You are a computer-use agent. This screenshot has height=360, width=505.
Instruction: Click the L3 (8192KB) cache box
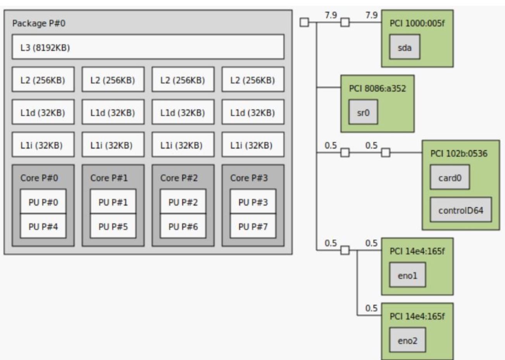pyautogui.click(x=148, y=47)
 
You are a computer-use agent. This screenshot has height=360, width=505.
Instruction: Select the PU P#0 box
pyautogui.click(x=43, y=202)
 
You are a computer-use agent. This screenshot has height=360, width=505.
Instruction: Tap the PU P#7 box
pyautogui.click(x=253, y=226)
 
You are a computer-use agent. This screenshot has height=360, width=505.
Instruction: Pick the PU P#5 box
pyautogui.click(x=113, y=226)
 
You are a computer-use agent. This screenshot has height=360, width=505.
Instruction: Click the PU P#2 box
pyautogui.click(x=183, y=202)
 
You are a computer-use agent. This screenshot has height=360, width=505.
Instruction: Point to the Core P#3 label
pyautogui.click(x=249, y=178)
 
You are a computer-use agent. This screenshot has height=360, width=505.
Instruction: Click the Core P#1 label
pyautogui.click(x=109, y=178)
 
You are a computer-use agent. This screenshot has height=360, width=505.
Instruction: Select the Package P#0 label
pyautogui.click(x=39, y=23)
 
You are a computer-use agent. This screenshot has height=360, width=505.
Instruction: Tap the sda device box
pyautogui.click(x=405, y=48)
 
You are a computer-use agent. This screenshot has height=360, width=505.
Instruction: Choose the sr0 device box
pyautogui.click(x=363, y=113)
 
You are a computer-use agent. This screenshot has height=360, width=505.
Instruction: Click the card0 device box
pyautogui.click(x=450, y=178)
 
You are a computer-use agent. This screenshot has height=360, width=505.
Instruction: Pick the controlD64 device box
pyautogui.click(x=461, y=210)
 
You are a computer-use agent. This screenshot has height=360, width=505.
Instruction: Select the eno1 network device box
pyautogui.click(x=407, y=276)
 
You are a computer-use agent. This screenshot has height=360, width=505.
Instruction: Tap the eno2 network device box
pyautogui.click(x=407, y=341)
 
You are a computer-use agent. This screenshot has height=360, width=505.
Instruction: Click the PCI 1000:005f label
pyautogui.click(x=417, y=23)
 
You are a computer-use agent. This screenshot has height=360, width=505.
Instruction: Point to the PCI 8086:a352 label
pyautogui.click(x=377, y=88)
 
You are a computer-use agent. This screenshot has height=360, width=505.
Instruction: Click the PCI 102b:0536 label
pyautogui.click(x=459, y=153)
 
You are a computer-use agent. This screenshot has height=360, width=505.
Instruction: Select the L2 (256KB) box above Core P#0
pyautogui.click(x=43, y=80)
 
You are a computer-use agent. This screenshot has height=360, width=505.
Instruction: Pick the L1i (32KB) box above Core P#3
pyautogui.click(x=253, y=145)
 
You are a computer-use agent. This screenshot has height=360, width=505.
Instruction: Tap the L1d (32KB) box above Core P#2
pyautogui.click(x=183, y=113)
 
